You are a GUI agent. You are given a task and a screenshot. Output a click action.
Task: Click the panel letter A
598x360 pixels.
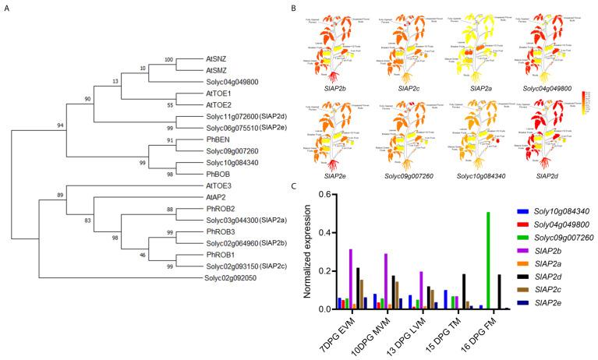pyautogui.click(x=7, y=9)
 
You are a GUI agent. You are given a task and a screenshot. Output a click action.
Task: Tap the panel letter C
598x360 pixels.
pyautogui.click(x=294, y=185)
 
